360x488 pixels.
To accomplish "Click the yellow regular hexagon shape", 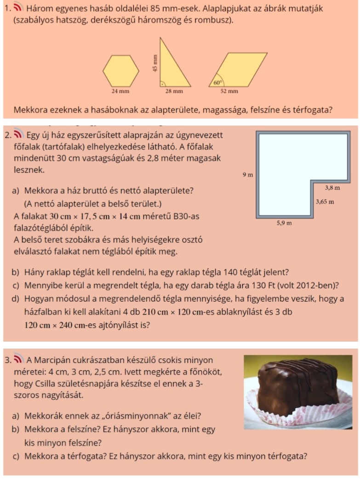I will click(120, 70).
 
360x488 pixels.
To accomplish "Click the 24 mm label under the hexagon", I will click(120, 91).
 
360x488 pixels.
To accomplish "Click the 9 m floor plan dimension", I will click(247, 175).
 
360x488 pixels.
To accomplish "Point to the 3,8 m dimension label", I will click(332, 188).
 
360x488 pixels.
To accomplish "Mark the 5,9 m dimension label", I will click(284, 223).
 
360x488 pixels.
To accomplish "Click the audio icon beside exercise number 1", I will click(17, 8).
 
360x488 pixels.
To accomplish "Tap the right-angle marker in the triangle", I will click(162, 84).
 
